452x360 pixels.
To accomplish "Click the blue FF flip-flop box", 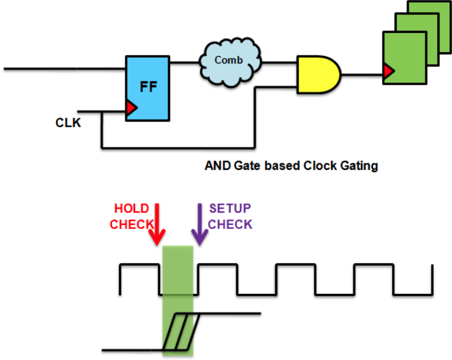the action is click(148, 88).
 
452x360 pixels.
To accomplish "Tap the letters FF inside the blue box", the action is click(148, 87).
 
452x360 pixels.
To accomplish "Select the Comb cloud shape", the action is click(230, 63).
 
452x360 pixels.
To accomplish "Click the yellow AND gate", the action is click(319, 75).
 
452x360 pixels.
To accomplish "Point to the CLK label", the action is click(68, 123).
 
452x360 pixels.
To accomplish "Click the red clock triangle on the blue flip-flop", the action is click(132, 108).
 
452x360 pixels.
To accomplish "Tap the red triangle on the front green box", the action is click(389, 71).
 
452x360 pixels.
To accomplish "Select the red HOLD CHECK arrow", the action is click(157, 225).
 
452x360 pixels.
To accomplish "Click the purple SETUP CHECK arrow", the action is click(200, 225).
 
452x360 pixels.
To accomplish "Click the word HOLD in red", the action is click(131, 209).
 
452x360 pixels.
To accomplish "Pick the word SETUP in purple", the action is click(230, 209).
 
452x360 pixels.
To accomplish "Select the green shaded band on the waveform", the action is click(178, 301).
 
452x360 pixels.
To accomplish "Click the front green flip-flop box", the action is click(405, 58).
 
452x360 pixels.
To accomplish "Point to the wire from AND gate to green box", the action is click(362, 75).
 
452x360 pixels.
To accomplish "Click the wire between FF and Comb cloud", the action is click(185, 62).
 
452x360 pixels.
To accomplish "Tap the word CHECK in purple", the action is click(230, 225).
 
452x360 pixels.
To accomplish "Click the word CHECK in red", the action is click(132, 225).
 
